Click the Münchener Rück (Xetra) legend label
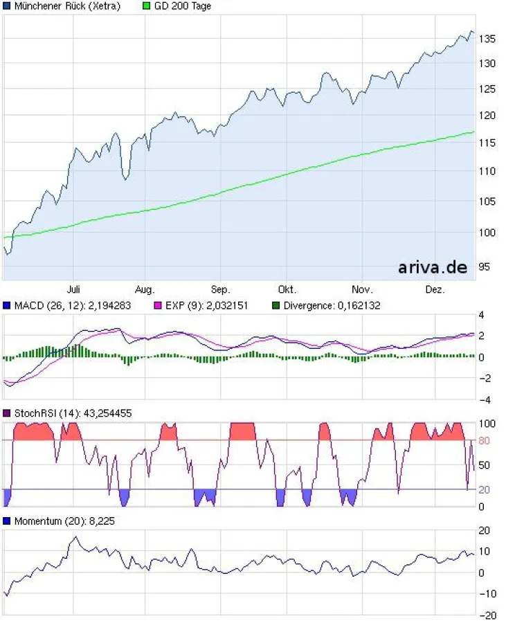coord(66,6)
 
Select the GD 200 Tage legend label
coord(181,6)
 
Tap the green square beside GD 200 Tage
coord(145,6)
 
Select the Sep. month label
coord(220,289)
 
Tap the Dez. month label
coord(435,289)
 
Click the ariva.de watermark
coord(433,267)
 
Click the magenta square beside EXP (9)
coord(157,305)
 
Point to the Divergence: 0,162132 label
coord(332,305)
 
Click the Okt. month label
coord(287,289)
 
